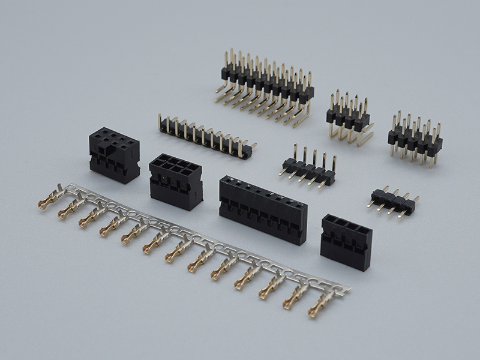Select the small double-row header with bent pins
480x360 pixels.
[x=348, y=117]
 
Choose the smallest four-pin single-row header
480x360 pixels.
[x=393, y=200]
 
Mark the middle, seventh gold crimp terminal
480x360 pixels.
[x=177, y=251]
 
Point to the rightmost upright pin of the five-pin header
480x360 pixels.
[x=334, y=163]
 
